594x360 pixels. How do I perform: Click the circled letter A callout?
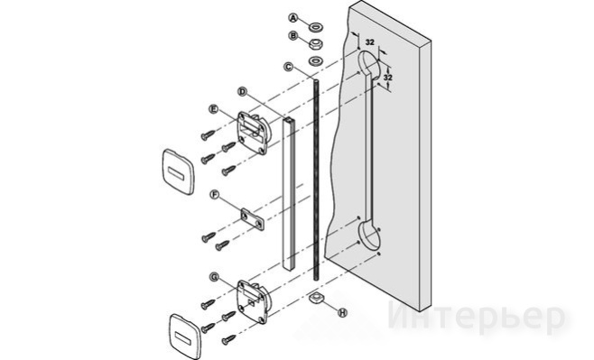click(293, 17)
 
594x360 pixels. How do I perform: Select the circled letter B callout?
click(293, 36)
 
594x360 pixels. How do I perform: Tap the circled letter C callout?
click(289, 67)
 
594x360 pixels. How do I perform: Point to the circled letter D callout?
click(243, 92)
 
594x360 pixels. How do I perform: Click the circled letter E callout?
click(214, 109)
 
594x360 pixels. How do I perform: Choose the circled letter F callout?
click(215, 195)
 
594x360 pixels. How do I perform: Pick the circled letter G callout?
click(215, 278)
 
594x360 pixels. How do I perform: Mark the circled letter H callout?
click(342, 313)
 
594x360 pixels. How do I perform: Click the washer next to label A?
click(316, 27)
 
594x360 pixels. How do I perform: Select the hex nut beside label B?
click(316, 44)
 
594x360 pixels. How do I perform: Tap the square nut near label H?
click(315, 298)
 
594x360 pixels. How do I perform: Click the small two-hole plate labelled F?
click(252, 219)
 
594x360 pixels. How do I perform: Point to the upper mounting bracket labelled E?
click(254, 132)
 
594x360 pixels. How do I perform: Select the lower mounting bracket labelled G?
click(254, 301)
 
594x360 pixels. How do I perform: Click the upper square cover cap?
click(178, 171)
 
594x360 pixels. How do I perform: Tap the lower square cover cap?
click(185, 337)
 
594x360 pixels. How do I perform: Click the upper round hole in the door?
click(369, 65)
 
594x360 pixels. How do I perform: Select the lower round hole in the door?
click(369, 235)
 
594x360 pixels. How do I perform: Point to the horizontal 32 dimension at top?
click(370, 42)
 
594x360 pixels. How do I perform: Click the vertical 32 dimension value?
click(387, 78)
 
